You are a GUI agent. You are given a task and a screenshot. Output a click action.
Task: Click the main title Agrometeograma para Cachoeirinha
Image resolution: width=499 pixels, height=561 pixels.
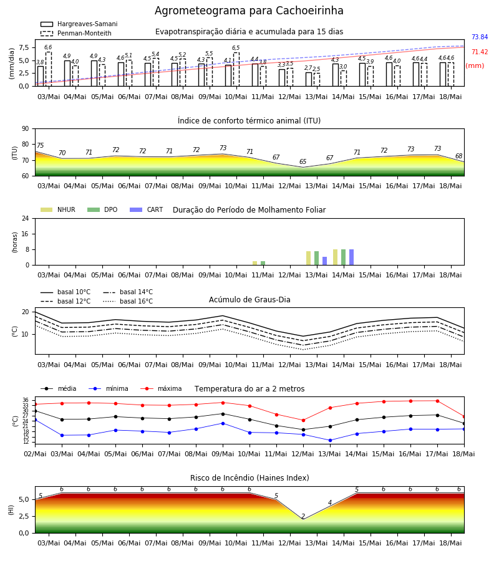[x=249, y=11]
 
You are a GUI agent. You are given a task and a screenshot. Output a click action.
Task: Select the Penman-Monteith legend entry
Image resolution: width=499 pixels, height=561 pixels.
[x=76, y=33]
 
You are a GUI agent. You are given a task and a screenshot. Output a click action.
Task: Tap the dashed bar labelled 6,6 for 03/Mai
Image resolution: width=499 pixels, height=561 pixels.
[x=49, y=69]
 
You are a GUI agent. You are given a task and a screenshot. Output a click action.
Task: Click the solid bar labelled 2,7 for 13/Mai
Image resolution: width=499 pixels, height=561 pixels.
[x=309, y=79]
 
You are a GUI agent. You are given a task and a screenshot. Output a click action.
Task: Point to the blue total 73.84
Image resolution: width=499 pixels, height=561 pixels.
[x=480, y=37]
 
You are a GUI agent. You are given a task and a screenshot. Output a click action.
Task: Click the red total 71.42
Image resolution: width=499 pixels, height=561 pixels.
[x=480, y=52]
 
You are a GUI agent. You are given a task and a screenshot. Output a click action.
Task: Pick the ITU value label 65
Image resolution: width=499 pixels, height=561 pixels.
[x=303, y=161]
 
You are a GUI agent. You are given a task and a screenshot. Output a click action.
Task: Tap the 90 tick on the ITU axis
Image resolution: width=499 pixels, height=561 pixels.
[x=26, y=129]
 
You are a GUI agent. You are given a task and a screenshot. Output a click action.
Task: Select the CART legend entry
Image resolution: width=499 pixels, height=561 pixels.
[x=147, y=209]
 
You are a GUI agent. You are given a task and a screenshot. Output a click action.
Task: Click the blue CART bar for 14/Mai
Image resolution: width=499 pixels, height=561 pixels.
[x=352, y=257]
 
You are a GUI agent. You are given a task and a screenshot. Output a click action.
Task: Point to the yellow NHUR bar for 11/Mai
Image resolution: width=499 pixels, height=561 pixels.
[x=255, y=263]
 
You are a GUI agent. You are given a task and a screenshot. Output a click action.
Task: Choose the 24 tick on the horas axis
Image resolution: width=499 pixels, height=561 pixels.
[x=26, y=218]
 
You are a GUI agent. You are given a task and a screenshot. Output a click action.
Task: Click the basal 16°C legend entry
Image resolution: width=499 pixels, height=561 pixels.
[x=128, y=301]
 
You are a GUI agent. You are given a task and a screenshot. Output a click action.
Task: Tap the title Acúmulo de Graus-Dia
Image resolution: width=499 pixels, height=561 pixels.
[x=249, y=299]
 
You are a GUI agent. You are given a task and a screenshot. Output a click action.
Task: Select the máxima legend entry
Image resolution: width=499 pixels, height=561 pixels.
[x=161, y=388]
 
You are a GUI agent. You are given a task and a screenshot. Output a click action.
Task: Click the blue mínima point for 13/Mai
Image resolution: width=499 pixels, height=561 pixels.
[x=330, y=441]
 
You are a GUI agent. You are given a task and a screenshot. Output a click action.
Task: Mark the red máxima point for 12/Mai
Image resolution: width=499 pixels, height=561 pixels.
[x=304, y=420]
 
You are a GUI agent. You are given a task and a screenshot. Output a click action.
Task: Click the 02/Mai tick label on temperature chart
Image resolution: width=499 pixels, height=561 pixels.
[x=35, y=454]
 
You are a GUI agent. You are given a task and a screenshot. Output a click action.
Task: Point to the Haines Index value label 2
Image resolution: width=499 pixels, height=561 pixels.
[x=303, y=516]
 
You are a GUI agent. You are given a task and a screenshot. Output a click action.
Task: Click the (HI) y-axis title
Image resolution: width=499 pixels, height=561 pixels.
[x=11, y=510]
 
